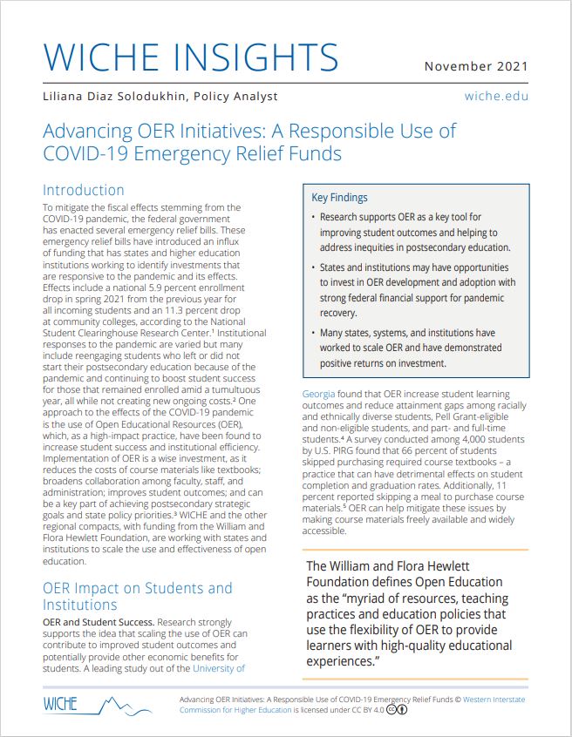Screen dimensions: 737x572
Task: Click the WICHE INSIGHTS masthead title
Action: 190,57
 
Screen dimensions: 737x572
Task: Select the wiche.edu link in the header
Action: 496,96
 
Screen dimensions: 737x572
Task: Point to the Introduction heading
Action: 84,190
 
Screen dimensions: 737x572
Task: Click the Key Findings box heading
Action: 339,198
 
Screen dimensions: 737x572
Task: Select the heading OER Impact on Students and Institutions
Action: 137,596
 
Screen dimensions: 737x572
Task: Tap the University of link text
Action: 219,668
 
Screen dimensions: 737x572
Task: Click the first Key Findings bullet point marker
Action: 313,216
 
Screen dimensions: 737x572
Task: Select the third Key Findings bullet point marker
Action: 313,333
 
